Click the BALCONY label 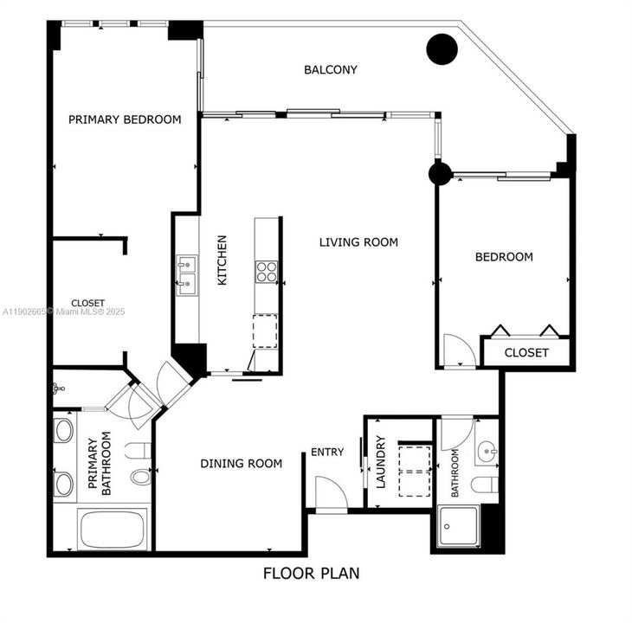330,70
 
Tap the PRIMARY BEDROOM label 125,119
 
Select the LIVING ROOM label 358,242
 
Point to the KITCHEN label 222,260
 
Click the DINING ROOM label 241,464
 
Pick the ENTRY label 327,452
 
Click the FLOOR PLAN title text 311,573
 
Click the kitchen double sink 187,276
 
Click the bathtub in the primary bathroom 113,529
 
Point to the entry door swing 330,494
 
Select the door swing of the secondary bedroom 456,350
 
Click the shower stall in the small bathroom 456,527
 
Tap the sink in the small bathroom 487,451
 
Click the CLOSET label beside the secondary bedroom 526,353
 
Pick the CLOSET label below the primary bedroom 87,303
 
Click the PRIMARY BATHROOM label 100,464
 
